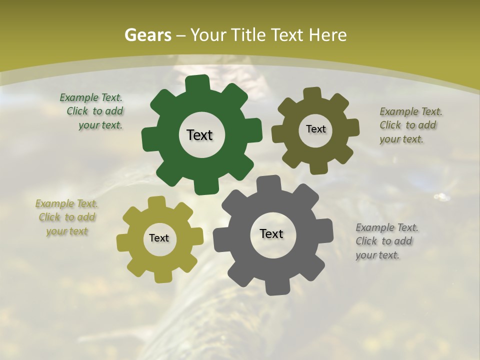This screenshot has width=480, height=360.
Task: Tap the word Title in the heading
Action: pos(250,35)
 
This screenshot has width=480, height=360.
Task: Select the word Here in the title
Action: pos(328,35)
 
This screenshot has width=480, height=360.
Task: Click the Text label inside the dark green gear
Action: pos(199,135)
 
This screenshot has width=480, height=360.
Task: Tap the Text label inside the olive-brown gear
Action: pos(315,129)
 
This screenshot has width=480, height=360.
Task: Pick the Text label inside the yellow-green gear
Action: pos(159,238)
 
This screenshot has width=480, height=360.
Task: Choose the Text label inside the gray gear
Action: pos(271,233)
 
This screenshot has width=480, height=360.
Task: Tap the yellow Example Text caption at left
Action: pos(67,217)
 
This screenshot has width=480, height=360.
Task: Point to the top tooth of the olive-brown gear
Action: pos(312,93)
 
